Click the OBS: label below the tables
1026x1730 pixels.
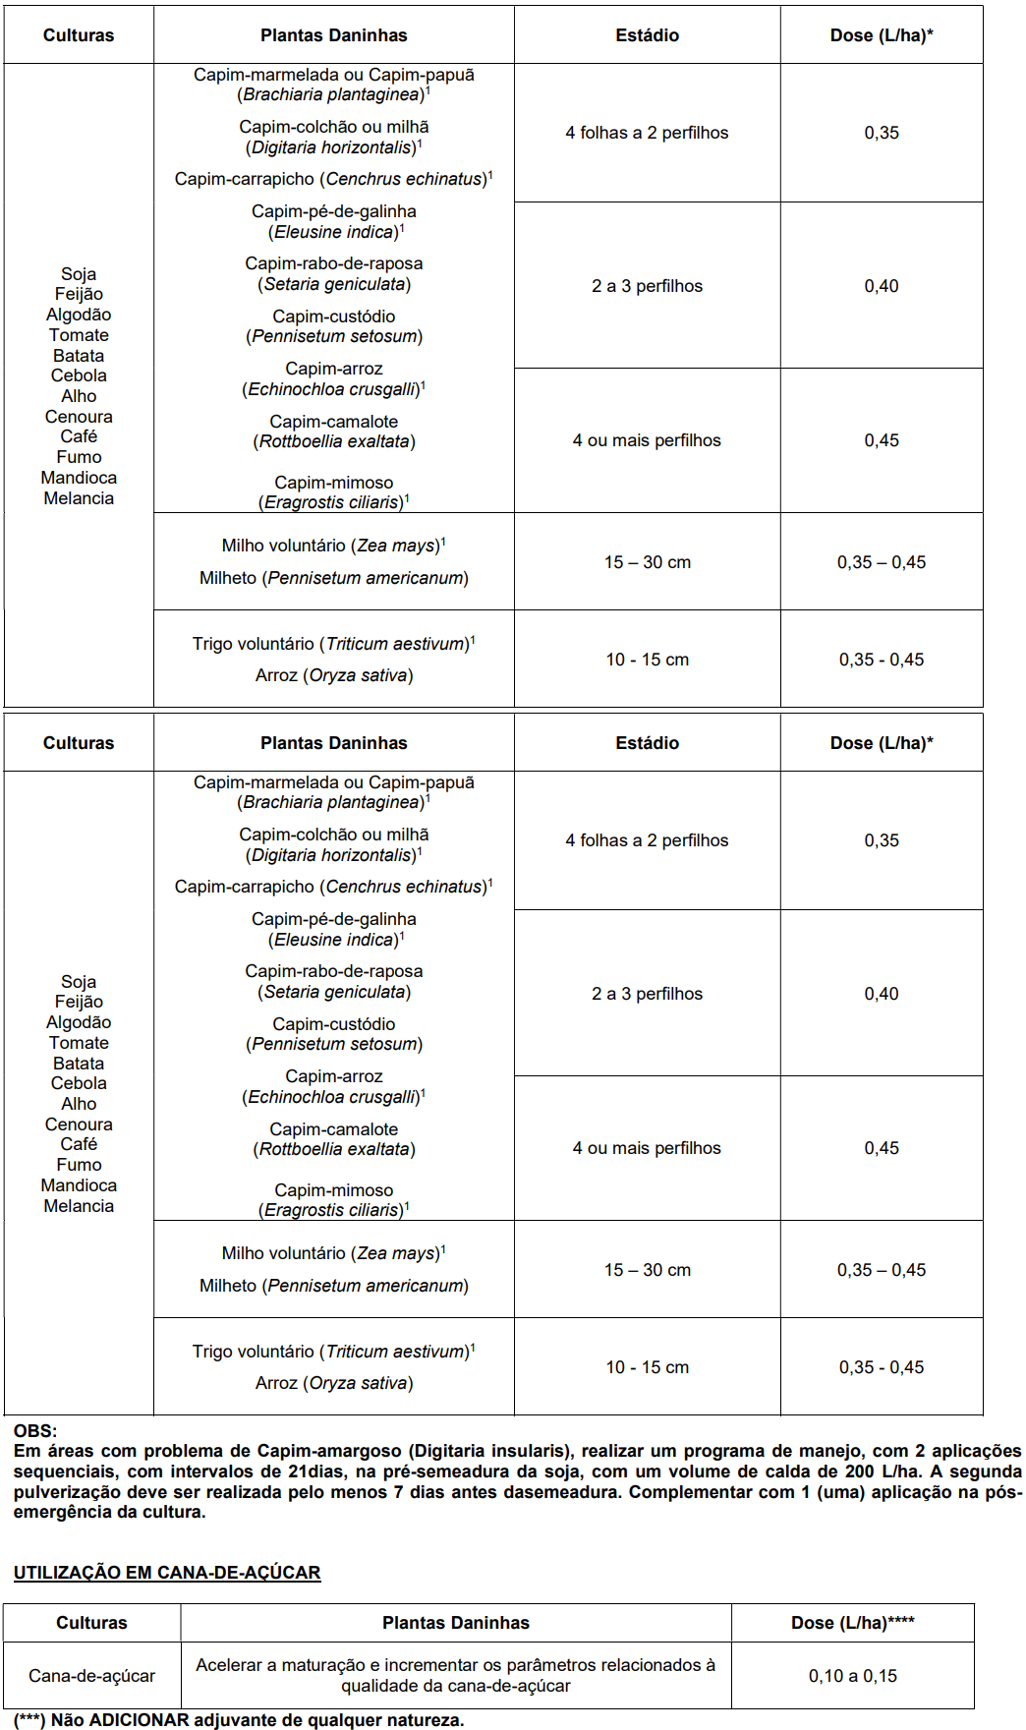(x=35, y=1431)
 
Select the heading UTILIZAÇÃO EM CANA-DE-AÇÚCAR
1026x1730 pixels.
(x=167, y=1573)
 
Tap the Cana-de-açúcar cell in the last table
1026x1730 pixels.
(x=91, y=1676)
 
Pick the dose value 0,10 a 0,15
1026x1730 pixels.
(x=852, y=1676)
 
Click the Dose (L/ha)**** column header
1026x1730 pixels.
(x=852, y=1623)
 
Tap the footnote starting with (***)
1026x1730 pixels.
(x=239, y=1720)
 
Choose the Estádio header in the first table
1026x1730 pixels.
(x=647, y=35)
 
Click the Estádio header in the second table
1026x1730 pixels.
(x=647, y=743)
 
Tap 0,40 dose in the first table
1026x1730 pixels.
(x=881, y=286)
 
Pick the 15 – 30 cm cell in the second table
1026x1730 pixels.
(x=647, y=1270)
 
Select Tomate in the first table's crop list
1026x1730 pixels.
(x=79, y=335)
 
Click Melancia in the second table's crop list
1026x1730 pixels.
(x=79, y=1206)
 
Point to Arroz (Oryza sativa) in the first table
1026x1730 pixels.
(x=334, y=675)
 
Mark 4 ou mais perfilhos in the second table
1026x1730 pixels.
(x=647, y=1148)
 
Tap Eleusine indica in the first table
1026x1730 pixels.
(x=334, y=232)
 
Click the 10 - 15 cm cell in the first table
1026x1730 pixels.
(x=647, y=660)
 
